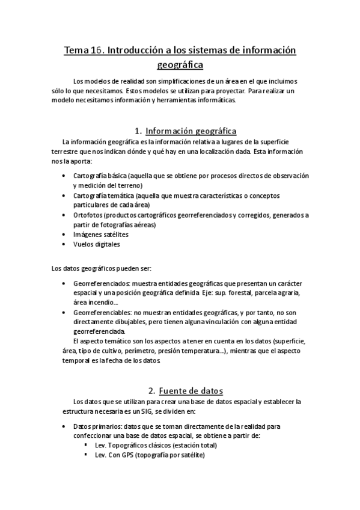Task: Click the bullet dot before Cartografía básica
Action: pyautogui.click(x=64, y=176)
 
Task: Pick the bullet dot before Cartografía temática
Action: pyautogui.click(x=64, y=195)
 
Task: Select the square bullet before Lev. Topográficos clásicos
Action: pyautogui.click(x=87, y=446)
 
